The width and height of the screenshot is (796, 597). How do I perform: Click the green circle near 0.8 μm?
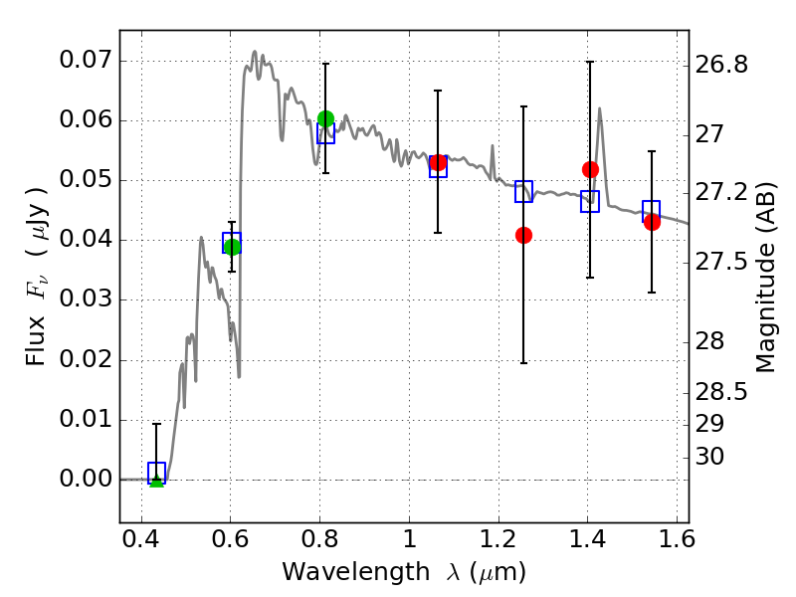click(326, 118)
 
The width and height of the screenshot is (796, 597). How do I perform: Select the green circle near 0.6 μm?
click(232, 247)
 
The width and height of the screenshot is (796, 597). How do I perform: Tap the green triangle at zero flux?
click(157, 481)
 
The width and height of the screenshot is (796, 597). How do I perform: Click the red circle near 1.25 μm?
click(524, 235)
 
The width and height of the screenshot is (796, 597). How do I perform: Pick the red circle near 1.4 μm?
click(590, 169)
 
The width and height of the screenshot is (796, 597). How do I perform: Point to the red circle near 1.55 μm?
click(652, 222)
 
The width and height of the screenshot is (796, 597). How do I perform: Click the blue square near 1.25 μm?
click(524, 191)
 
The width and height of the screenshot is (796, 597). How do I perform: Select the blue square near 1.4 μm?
click(590, 202)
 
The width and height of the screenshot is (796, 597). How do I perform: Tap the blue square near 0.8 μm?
click(326, 133)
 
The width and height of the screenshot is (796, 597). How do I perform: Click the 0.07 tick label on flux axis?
click(85, 60)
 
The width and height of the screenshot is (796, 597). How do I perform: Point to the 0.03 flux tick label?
click(85, 299)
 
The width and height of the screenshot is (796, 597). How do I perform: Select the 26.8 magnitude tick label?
click(721, 65)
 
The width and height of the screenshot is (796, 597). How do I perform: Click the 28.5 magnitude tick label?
click(721, 392)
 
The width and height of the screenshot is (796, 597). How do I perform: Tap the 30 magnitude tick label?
click(709, 457)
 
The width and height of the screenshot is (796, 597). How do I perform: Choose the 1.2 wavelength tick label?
click(498, 539)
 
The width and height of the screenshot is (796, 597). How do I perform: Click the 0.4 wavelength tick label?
click(141, 539)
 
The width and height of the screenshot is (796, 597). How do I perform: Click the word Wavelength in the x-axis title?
click(356, 573)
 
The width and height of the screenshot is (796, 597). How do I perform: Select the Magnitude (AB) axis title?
click(766, 278)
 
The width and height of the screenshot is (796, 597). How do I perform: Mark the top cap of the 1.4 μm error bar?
click(590, 62)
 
